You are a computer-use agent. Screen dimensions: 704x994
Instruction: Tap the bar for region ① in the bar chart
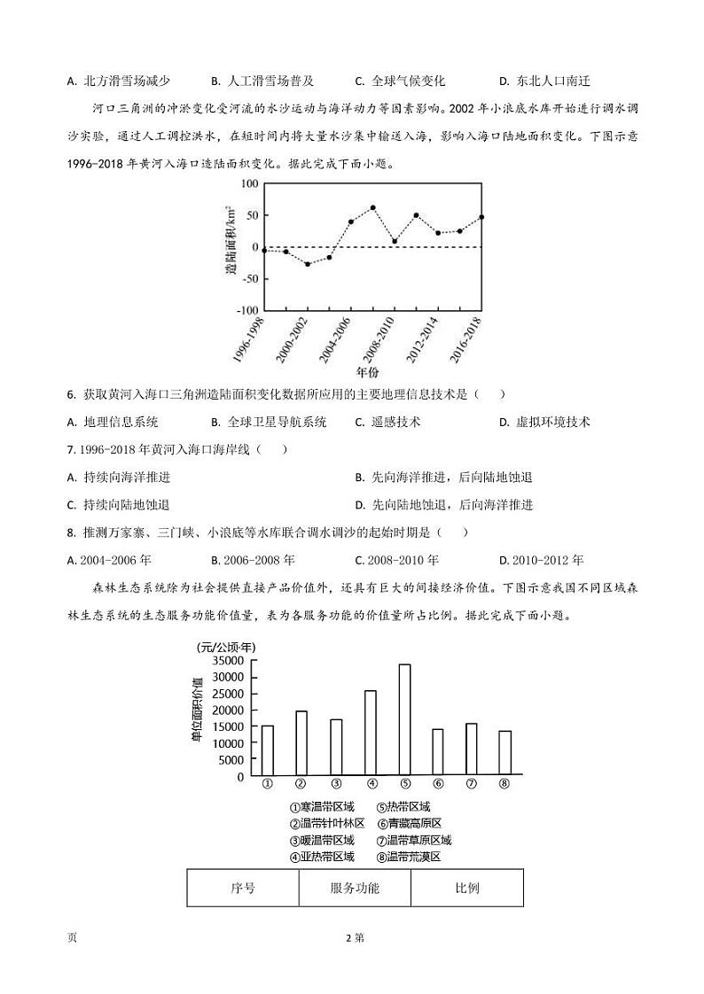click(x=267, y=750)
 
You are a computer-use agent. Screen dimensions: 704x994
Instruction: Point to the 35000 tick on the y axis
click(x=228, y=661)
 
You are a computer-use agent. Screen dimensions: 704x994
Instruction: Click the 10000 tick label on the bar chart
click(x=228, y=743)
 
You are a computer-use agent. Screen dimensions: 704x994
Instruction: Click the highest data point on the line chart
click(x=372, y=208)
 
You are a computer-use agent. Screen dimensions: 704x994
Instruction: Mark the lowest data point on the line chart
click(x=308, y=264)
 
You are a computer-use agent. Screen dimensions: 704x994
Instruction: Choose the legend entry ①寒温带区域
click(x=323, y=807)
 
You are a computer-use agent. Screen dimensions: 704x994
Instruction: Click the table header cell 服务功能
click(x=355, y=888)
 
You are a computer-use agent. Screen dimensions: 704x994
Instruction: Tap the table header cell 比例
click(x=467, y=888)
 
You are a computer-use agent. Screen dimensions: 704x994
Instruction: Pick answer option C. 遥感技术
click(x=387, y=422)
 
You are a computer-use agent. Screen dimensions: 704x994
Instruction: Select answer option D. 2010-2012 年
click(x=541, y=560)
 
